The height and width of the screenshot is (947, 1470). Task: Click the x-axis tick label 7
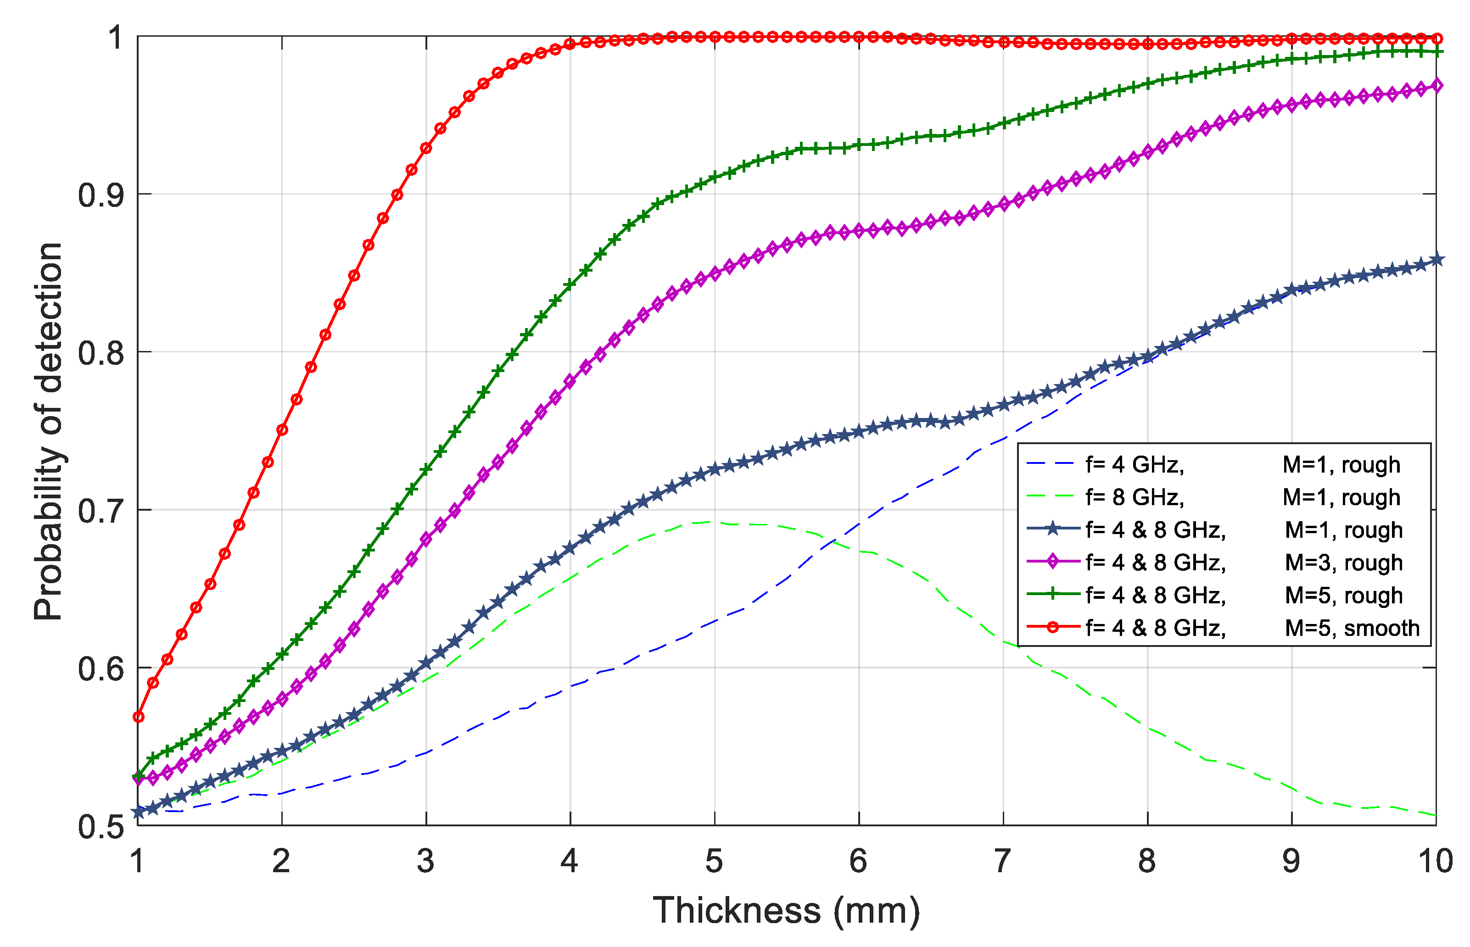[1002, 861]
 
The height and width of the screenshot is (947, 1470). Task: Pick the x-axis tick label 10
[1435, 861]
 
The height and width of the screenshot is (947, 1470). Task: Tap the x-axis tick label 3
[425, 861]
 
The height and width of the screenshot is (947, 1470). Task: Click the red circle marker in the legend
[1052, 627]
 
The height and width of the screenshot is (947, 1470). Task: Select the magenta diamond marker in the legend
[1052, 562]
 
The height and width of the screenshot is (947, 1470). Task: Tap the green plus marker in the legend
[1052, 594]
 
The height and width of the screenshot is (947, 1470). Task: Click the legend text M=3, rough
[1343, 563]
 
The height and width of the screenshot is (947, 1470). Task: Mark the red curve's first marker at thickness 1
[139, 717]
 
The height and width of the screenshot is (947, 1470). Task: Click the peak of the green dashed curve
[707, 522]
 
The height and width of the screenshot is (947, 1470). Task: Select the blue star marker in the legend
[1052, 529]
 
